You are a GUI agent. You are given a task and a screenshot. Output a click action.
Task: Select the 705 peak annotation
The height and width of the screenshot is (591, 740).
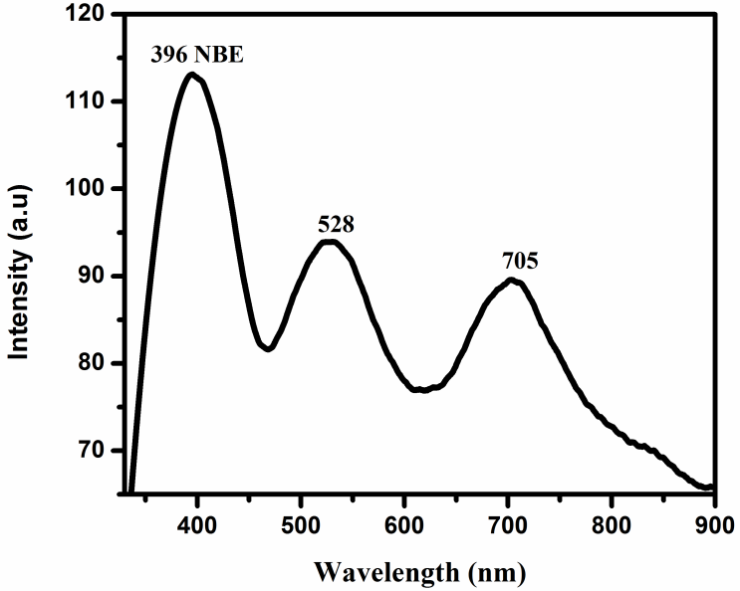[520, 262]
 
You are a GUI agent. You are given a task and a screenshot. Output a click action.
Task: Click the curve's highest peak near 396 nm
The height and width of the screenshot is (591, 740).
[191, 75]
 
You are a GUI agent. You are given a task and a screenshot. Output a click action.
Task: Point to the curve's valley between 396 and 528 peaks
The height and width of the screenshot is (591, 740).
[267, 348]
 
